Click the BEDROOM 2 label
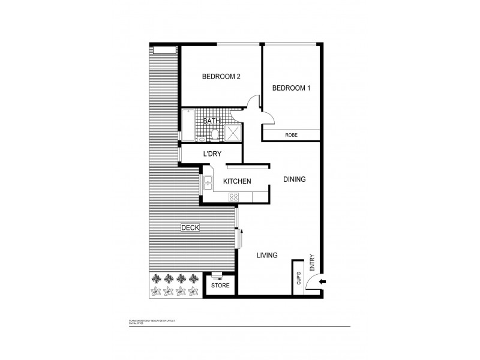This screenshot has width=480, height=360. pos(221,76)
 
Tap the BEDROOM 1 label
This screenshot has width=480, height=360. pos(291,88)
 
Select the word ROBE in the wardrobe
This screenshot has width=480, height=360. pos(292,136)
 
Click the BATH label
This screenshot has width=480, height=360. pos(211,121)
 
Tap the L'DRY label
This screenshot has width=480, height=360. pos(212,154)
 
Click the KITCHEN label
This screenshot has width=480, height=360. pos(236,181)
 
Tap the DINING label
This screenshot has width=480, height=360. pos(294,179)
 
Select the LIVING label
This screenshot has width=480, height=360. pos(267,255)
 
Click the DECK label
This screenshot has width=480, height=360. pos(190,227)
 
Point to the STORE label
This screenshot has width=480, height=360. pos(219,286)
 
